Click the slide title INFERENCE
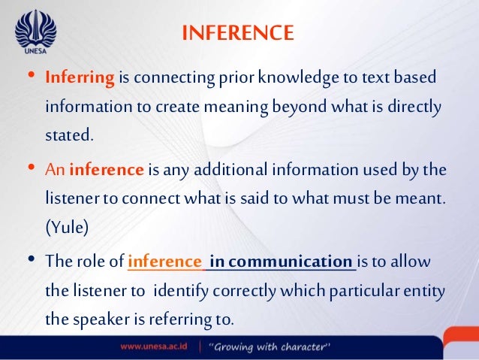click(238, 33)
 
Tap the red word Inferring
click(80, 78)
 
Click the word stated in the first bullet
click(71, 136)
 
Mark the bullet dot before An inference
click(30, 170)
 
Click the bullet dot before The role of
click(30, 261)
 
